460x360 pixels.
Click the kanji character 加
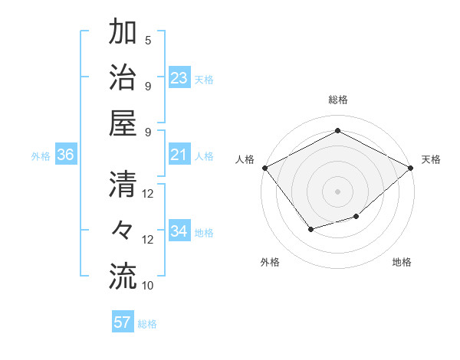[x=123, y=34]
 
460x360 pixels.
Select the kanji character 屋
[x=123, y=123]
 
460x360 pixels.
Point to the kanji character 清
[x=123, y=184]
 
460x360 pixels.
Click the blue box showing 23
[x=179, y=77]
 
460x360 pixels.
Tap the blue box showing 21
[x=179, y=155]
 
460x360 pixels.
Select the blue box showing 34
[x=179, y=231]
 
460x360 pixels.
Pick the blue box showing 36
[x=65, y=155]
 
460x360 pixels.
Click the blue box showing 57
[x=123, y=322]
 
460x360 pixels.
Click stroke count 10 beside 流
[x=148, y=285]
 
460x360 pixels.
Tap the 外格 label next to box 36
[x=41, y=156]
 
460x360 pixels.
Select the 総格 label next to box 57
[x=147, y=324]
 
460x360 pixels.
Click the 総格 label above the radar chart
[x=337, y=100]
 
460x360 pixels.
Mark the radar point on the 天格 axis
[x=412, y=167]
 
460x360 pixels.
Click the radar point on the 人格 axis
[x=264, y=167]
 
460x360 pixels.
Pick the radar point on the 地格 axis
[x=356, y=218]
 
